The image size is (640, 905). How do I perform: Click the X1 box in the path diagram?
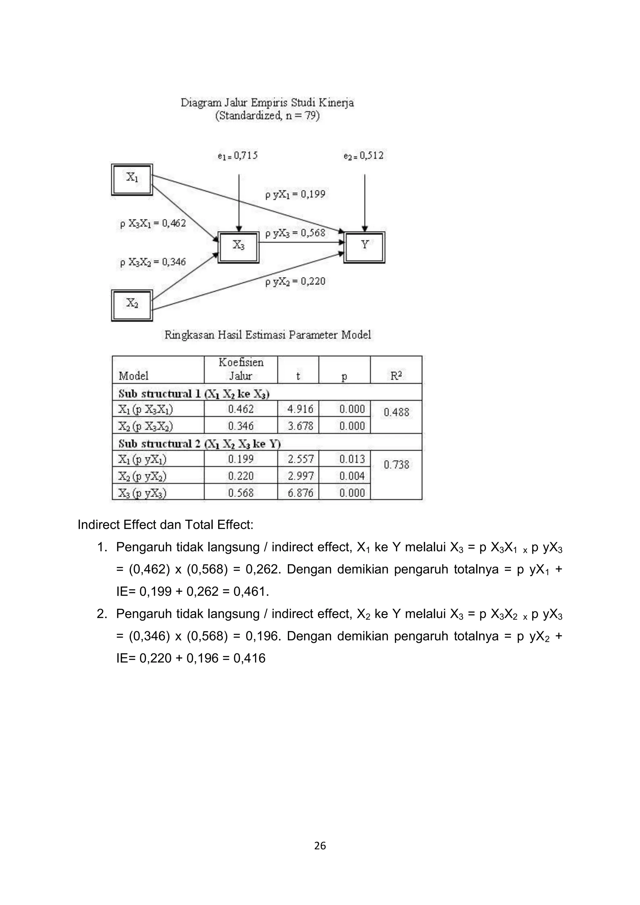[x=132, y=179]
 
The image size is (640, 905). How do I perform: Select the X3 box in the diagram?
[x=239, y=247]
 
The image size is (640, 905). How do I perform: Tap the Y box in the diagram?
[x=365, y=247]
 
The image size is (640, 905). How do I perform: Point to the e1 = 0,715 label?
[x=237, y=156]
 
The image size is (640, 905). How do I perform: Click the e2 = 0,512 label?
[x=363, y=156]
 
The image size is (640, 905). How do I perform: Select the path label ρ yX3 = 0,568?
[x=295, y=233]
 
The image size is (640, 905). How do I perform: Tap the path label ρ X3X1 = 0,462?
[x=153, y=223]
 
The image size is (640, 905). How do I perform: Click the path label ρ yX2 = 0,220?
[x=295, y=282]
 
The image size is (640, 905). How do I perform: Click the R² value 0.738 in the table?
[x=397, y=465]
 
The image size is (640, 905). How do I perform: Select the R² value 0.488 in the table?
[x=397, y=413]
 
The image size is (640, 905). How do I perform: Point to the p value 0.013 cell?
[x=352, y=459]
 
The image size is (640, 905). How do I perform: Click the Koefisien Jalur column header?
[x=241, y=369]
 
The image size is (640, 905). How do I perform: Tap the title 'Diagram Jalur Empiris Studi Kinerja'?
[x=267, y=103]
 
